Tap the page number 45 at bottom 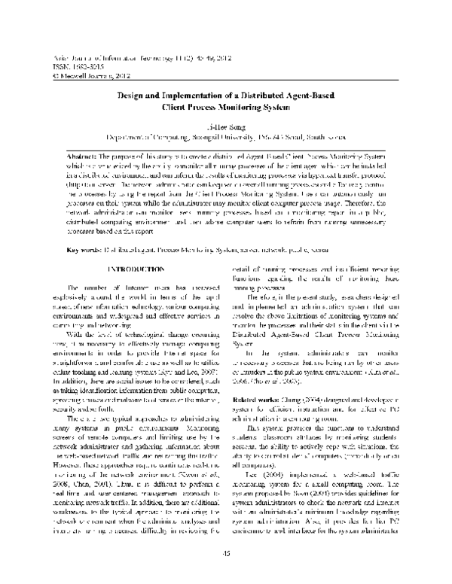[x=225, y=576]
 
